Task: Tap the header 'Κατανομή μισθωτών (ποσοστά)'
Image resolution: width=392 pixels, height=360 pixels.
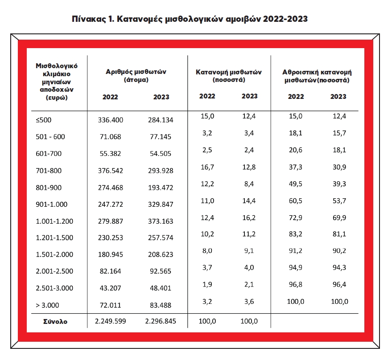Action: click(x=228, y=76)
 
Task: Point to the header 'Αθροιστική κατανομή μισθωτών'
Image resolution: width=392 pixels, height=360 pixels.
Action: click(x=317, y=76)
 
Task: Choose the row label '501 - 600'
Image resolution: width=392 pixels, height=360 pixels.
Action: click(x=50, y=137)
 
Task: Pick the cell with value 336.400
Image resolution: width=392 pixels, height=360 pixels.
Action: click(x=110, y=120)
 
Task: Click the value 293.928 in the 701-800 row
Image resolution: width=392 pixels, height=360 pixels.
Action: click(x=160, y=171)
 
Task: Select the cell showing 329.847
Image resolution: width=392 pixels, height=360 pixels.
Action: click(x=160, y=205)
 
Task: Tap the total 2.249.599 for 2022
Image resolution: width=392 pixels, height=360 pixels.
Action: click(x=110, y=322)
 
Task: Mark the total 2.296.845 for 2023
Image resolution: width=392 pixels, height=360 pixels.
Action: click(x=160, y=322)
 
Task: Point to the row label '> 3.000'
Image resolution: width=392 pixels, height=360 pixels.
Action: click(x=47, y=306)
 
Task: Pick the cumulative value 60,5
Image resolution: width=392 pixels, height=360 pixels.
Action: click(x=295, y=201)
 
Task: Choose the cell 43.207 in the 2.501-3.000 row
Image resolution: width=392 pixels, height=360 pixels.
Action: click(x=110, y=288)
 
